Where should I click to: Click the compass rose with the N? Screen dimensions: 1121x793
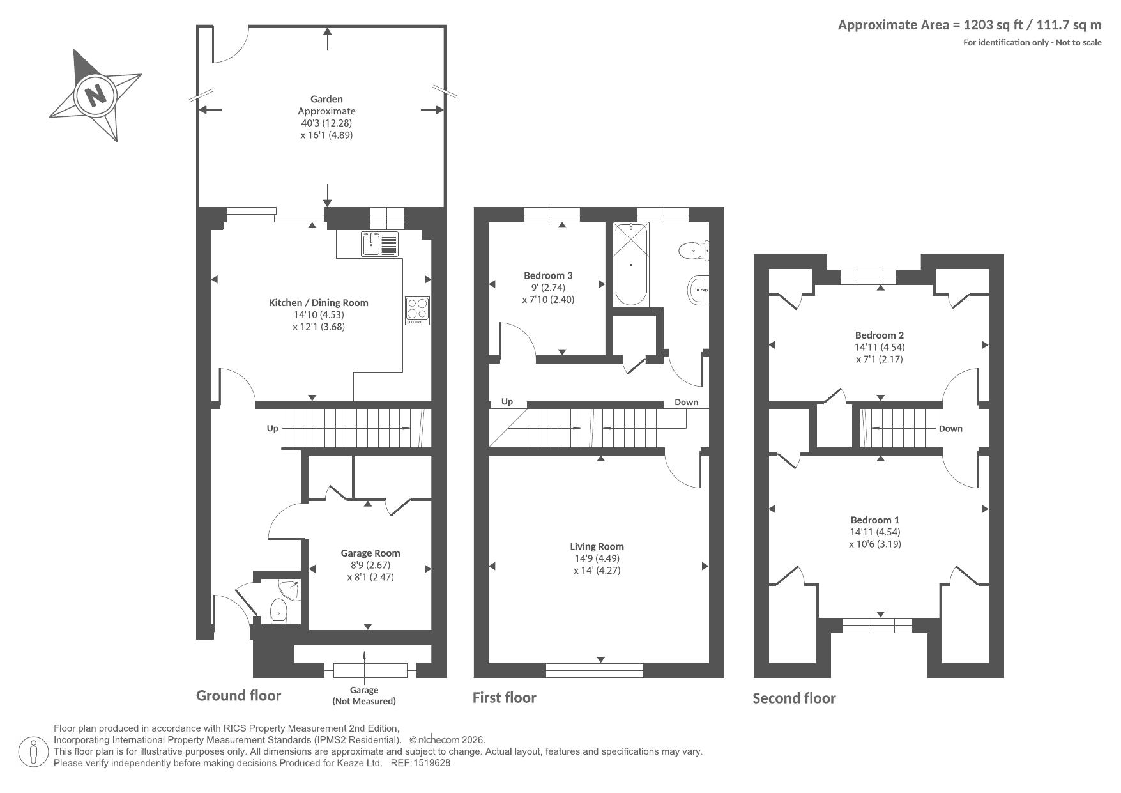pos(95,95)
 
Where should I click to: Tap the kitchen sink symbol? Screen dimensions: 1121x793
pos(379,243)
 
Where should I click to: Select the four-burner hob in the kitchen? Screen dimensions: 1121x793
pos(416,311)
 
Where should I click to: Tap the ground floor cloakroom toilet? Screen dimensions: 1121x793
pos(279,611)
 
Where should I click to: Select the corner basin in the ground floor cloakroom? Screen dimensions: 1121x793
pos(290,590)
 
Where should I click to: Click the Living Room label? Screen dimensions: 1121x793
pos(597,546)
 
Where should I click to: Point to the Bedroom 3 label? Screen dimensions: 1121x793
pos(548,275)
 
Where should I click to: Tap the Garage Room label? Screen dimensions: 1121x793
pos(370,553)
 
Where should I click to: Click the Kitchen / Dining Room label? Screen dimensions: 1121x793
pos(319,303)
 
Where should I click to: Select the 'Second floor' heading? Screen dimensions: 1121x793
pos(794,698)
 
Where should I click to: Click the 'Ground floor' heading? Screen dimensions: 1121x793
pos(238,696)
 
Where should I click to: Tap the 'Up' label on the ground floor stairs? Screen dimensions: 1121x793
pos(273,428)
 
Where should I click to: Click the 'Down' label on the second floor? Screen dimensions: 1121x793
pos(950,429)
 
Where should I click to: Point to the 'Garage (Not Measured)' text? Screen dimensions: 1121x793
pos(364,695)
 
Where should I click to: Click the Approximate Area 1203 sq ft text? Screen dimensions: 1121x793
pos(970,25)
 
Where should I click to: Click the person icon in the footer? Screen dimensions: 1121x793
pos(33,752)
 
